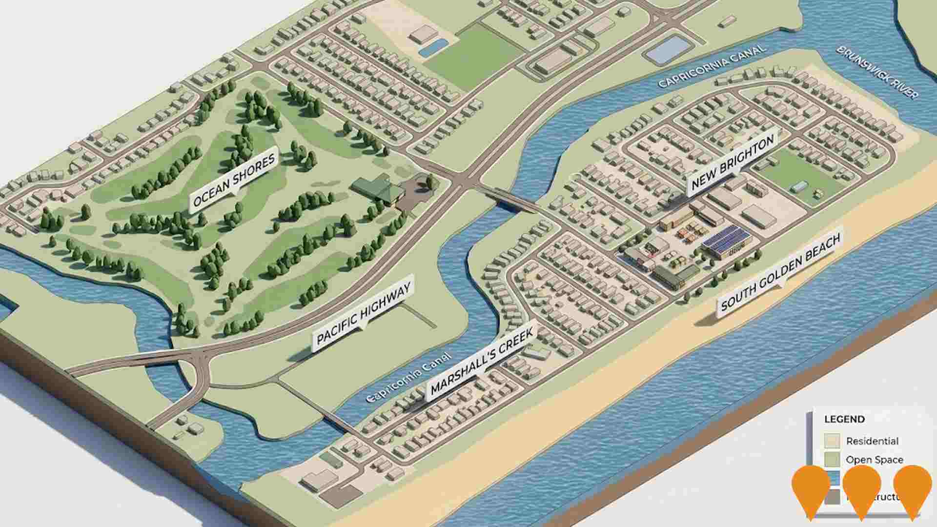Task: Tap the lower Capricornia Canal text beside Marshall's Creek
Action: tap(409, 378)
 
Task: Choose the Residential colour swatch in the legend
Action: tap(832, 441)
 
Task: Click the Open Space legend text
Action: tap(874, 460)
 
